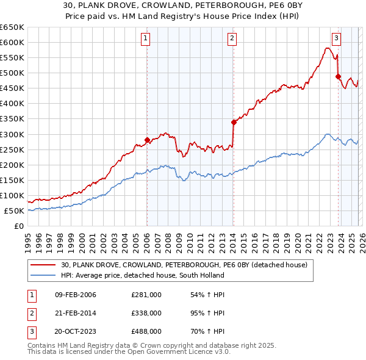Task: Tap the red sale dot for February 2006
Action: [x=147, y=140]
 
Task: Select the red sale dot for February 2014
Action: [x=234, y=122]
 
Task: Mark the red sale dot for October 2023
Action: [x=338, y=76]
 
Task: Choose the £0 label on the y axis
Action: [x=18, y=226]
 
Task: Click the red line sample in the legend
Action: [x=43, y=265]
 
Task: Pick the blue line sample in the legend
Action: [x=43, y=275]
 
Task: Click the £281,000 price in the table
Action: [x=146, y=295]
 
